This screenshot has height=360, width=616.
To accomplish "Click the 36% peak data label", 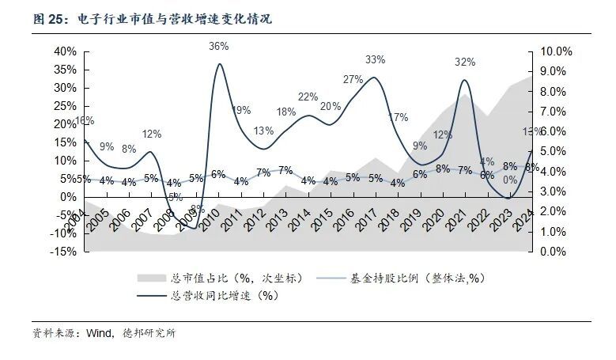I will pos(219,46).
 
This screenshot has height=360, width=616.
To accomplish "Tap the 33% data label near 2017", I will pos(375,59).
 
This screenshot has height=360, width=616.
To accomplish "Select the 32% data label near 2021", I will pos(465,62).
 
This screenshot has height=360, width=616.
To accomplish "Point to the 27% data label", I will pos(353,79).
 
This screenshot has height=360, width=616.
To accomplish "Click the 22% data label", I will pos(308,97).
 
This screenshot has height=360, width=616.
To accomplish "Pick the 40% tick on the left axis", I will pos(65,51).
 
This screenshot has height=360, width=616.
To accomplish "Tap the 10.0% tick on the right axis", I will pos(555,51).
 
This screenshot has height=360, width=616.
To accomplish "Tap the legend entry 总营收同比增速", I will pos(224,296).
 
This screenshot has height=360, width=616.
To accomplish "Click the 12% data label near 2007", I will pos(151,134).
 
